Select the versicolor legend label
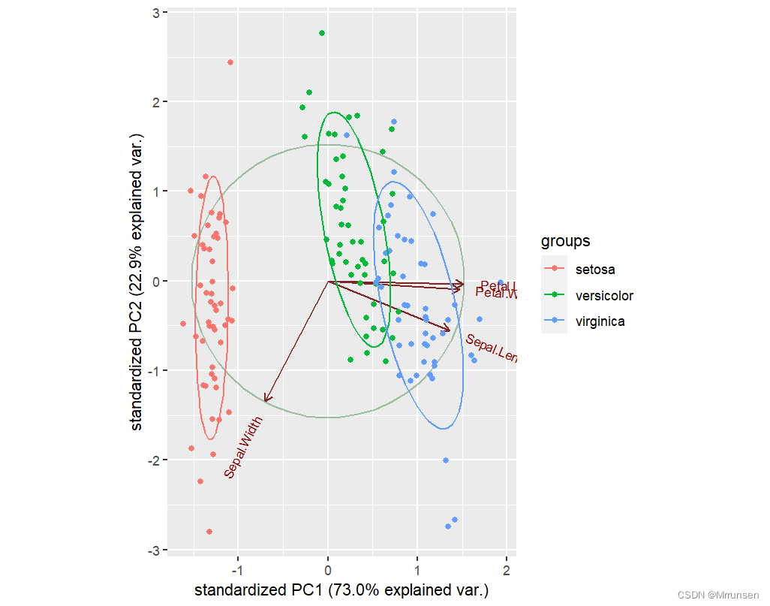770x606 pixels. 603,296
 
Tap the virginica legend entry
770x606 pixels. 600,322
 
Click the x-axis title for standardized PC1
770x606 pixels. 341,590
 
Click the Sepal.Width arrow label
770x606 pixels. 244,448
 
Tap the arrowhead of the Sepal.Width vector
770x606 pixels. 266,399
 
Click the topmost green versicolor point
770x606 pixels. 322,33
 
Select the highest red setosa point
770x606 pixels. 230,62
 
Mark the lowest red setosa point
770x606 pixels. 209,532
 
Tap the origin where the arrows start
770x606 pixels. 328,282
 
